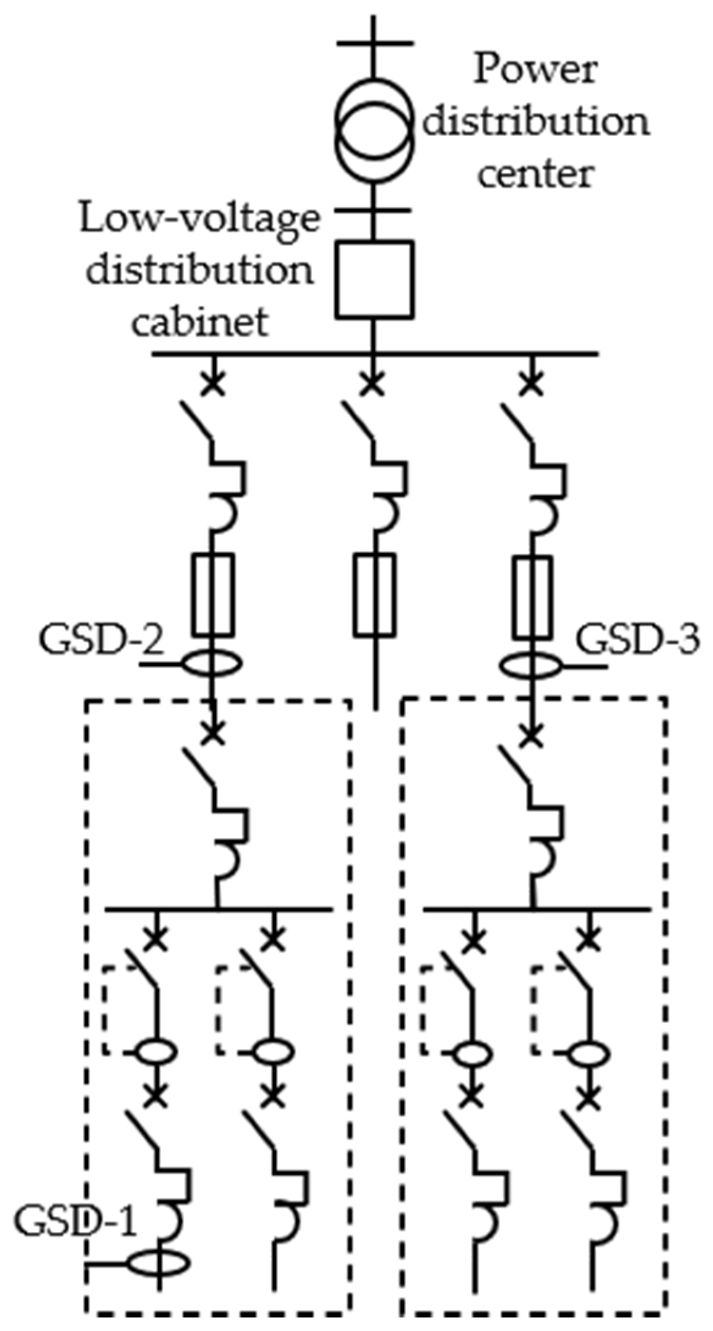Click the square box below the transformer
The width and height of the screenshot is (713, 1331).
(x=374, y=280)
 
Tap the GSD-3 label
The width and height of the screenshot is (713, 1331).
(x=637, y=640)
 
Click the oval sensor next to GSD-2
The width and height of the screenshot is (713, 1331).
(x=213, y=663)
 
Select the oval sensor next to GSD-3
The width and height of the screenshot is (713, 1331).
(x=531, y=667)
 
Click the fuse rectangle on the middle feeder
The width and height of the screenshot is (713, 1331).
(x=374, y=594)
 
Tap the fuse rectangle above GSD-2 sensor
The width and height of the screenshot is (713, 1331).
(x=213, y=594)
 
